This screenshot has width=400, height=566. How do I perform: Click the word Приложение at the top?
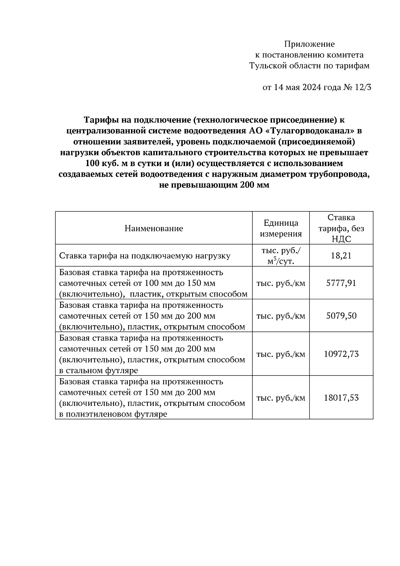tap(309, 44)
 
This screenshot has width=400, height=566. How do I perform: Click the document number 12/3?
tap(362, 87)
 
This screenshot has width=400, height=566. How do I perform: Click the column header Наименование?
tap(154, 228)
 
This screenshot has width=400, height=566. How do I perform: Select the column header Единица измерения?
tap(281, 228)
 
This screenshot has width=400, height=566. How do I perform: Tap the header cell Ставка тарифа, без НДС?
tap(341, 228)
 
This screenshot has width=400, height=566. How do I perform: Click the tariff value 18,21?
tap(341, 256)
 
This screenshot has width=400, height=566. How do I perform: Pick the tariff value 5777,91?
tap(341, 283)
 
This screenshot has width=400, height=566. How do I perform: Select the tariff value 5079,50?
tap(341, 316)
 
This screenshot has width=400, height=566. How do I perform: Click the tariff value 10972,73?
tap(341, 354)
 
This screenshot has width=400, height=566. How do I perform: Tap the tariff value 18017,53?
tap(341, 398)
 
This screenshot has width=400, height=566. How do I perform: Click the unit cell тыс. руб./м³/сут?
tap(281, 256)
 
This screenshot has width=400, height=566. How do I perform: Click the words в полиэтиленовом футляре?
tap(113, 414)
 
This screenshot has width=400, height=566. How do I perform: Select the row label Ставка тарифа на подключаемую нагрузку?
tap(145, 256)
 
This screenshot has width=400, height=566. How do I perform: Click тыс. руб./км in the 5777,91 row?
tap(281, 283)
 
